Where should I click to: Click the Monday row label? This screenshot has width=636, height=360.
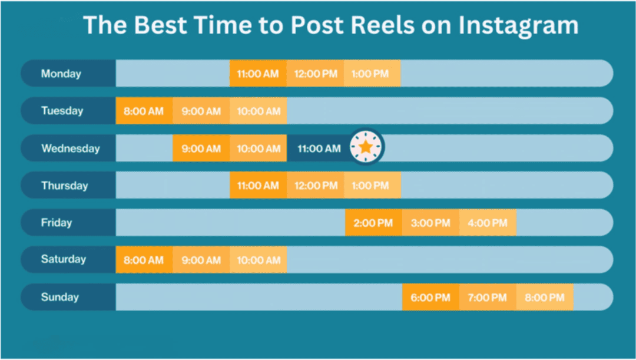point(61,74)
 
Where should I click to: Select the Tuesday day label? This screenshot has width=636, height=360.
point(62,111)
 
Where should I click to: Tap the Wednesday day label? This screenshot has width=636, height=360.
point(70,148)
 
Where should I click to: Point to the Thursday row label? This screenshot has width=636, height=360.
point(64,186)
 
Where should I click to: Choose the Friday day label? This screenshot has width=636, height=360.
point(57,223)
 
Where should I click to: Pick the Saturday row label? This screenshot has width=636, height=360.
point(64,259)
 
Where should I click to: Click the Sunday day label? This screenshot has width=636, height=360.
point(59,297)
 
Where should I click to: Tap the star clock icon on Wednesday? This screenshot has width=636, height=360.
point(366,147)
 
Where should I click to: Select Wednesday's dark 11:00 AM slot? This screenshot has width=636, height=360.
point(319,148)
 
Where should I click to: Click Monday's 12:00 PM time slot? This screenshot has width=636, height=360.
point(316,74)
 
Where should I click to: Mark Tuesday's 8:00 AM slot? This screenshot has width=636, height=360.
point(144,111)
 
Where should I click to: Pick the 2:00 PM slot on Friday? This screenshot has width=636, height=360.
point(373,223)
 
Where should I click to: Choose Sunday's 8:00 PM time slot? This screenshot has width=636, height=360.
point(544,298)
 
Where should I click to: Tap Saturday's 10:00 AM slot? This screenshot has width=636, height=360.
point(259,260)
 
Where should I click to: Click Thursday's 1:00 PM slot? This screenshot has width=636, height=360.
point(371,186)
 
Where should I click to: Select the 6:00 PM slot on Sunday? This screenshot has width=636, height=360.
point(430,298)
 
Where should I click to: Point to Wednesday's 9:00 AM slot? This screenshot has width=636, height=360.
point(201,148)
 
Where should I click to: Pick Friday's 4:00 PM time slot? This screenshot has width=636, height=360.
point(487,223)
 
